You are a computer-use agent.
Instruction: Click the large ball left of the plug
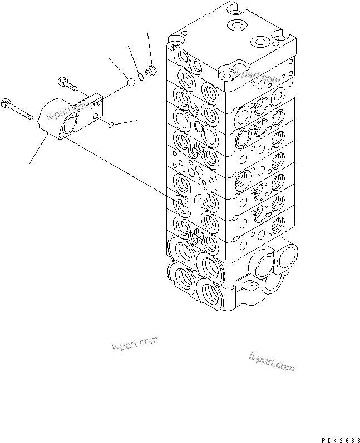point(131,82)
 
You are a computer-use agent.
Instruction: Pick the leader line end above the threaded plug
point(149,36)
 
